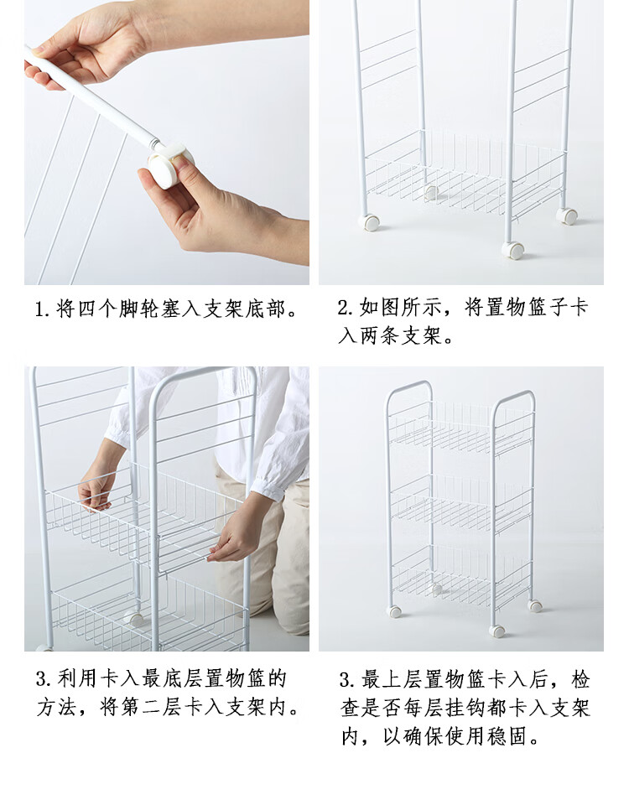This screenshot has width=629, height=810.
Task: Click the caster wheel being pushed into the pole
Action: [x=167, y=165]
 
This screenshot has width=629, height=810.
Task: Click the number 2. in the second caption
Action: [x=346, y=308]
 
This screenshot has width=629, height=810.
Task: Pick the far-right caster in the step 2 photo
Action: [x=567, y=216]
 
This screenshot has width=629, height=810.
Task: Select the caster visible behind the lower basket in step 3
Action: [x=134, y=618]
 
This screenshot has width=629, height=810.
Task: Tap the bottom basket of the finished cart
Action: [x=461, y=574]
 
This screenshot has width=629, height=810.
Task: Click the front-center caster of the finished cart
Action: [x=497, y=631]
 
